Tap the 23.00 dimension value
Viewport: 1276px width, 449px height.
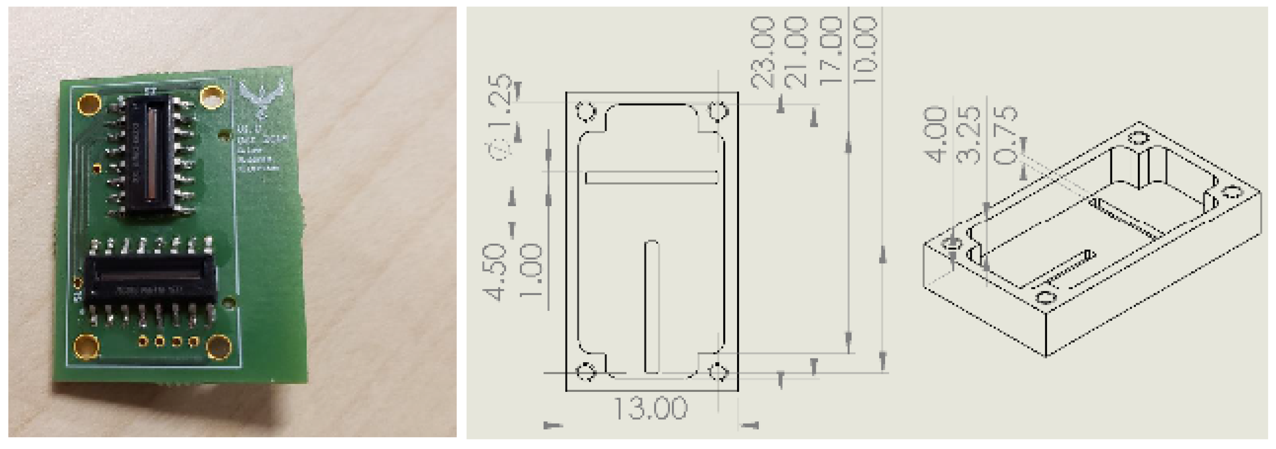pyautogui.click(x=763, y=52)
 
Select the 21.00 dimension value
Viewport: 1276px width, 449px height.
pyautogui.click(x=796, y=52)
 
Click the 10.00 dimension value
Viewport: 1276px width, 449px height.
pyautogui.click(x=866, y=50)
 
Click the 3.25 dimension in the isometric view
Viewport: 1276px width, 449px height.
pyautogui.click(x=969, y=135)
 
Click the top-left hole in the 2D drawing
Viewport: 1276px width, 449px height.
pyautogui.click(x=586, y=111)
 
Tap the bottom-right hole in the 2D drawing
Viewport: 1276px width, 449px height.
pyautogui.click(x=718, y=371)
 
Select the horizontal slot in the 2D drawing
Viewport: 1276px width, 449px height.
pyautogui.click(x=652, y=177)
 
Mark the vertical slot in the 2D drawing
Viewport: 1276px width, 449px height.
pyautogui.click(x=652, y=307)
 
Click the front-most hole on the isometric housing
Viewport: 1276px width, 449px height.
pyautogui.click(x=1046, y=298)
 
